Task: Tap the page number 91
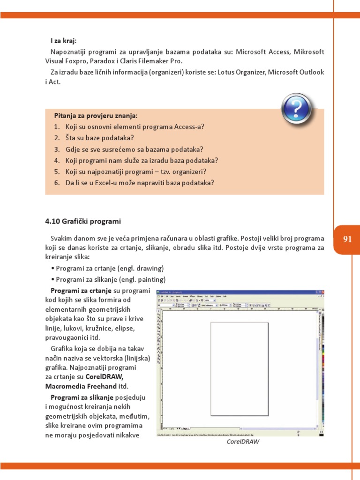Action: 347,239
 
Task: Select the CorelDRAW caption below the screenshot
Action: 243,442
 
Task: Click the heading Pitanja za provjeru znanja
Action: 96,115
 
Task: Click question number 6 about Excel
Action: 134,183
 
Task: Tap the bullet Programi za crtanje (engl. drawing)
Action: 107,269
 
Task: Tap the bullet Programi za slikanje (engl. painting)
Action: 108,279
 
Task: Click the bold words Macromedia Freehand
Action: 81,387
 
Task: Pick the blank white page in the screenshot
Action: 240,368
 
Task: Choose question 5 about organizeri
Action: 130,172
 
